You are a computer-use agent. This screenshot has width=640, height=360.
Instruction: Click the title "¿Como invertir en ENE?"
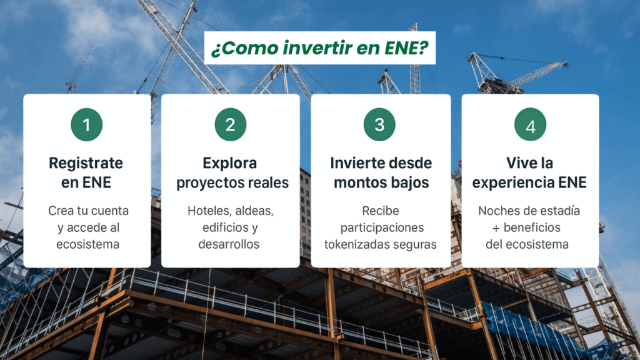tap(319, 49)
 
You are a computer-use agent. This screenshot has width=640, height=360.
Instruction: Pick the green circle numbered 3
tap(379, 124)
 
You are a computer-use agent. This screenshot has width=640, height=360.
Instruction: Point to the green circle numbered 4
tap(530, 126)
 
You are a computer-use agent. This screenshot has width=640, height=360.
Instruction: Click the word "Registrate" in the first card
tap(86, 163)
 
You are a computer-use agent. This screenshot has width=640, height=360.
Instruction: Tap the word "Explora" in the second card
tap(230, 163)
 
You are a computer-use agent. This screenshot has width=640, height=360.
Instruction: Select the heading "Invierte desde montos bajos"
tap(381, 173)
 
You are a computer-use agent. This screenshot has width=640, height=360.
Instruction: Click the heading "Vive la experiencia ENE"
tap(529, 173)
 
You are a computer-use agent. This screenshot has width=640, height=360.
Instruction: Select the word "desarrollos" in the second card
tap(229, 244)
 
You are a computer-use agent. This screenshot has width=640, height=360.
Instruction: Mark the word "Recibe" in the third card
tap(380, 211)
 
